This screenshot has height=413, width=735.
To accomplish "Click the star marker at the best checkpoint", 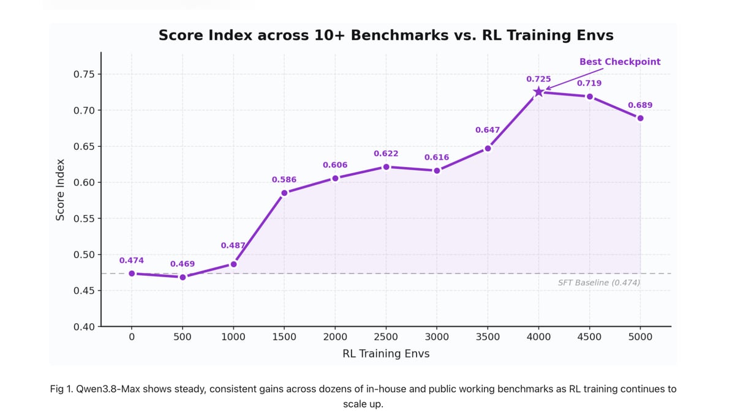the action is pos(538,92).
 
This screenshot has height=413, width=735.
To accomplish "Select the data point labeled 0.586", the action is pos(284,193).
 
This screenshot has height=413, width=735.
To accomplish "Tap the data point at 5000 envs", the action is pos(640,118).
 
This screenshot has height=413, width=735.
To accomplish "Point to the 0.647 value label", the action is pos(488,130).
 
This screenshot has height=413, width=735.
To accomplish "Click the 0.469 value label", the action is pos(183,264).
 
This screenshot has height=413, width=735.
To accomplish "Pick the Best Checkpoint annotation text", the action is pos(620,62).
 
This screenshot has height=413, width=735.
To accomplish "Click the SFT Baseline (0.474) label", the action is pos(599,283).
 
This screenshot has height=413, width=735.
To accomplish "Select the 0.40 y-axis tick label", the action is pos(84,327).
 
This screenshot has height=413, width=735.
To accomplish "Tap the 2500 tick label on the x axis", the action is pos(386,337).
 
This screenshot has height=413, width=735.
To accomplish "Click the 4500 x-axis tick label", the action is pos(589,337).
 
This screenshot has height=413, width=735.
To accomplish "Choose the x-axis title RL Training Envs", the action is pos(386,354).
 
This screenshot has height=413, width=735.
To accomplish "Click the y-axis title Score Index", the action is pos(60,190).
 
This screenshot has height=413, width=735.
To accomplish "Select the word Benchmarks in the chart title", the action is pos(399,35).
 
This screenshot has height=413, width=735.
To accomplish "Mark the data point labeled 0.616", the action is pos(437,171).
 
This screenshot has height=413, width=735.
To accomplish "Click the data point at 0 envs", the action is pos(132,273).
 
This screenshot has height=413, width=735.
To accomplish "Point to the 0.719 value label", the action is pos(589,83).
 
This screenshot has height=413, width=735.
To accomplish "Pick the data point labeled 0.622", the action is pos(386,167).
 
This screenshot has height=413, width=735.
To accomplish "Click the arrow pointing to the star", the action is pos(575,79).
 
